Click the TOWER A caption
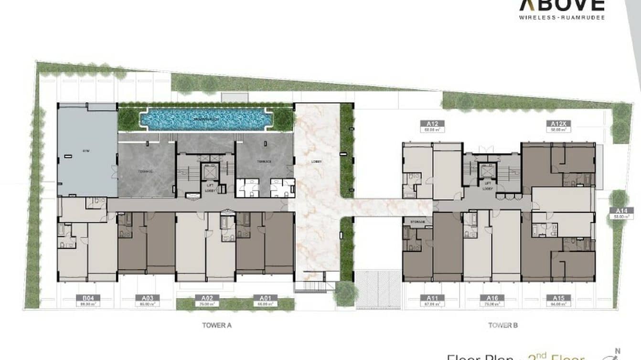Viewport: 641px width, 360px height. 217,326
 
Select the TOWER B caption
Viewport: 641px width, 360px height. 503,326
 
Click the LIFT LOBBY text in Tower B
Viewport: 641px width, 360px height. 488,187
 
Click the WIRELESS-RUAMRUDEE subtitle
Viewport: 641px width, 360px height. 562,18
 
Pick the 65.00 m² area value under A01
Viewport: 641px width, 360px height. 266,303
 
